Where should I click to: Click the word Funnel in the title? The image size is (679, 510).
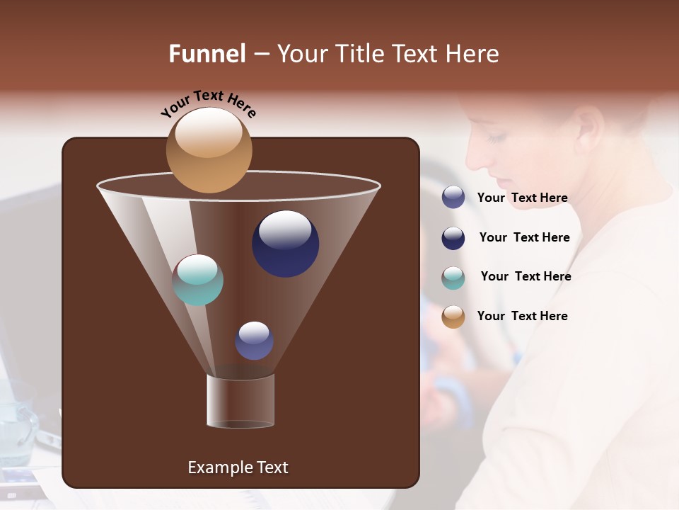coord(207,54)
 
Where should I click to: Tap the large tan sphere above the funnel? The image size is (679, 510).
coord(209,149)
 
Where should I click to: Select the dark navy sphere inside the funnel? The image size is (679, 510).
coord(285,243)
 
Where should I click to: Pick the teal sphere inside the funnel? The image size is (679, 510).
coord(198,280)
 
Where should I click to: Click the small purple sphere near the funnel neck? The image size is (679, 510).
coord(254,341)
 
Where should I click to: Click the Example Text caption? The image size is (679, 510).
coord(238,467)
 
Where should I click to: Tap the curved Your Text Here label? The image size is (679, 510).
coord(208,103)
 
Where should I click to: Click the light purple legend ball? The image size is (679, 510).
coord(453,198)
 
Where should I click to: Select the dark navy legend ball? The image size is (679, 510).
coord(453,238)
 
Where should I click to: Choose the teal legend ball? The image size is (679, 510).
coord(453,278)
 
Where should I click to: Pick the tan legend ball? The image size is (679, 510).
coord(453,317)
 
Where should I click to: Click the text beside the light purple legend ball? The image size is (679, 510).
coord(522,198)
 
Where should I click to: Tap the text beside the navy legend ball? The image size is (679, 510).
coord(524,238)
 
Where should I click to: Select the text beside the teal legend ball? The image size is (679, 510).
coord(526,277)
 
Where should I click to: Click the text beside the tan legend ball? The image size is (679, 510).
coord(522,317)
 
